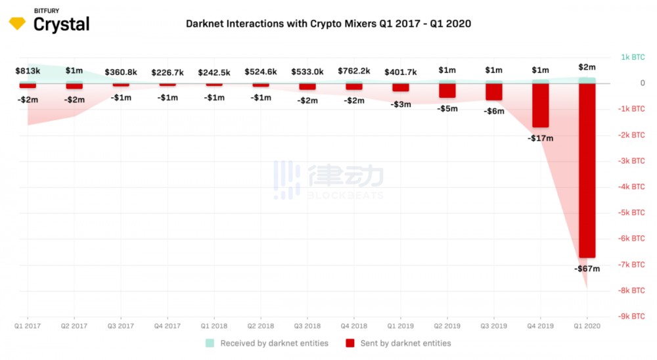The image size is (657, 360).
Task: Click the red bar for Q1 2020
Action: coord(587,171)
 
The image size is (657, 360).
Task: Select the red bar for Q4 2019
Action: coord(540,105)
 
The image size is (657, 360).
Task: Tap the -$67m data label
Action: coord(587,269)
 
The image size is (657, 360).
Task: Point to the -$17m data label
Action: coord(540,139)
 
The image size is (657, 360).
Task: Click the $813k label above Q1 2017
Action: coord(28,70)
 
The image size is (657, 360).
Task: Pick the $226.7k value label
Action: coord(167,72)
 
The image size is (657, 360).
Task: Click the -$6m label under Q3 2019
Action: coord(493,111)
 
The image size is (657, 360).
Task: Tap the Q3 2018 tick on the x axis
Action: coord(307,325)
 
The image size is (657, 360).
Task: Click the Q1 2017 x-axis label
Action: coord(28,325)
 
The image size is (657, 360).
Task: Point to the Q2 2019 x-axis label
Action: coord(447,325)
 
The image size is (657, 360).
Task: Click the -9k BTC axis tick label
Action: coord(633,316)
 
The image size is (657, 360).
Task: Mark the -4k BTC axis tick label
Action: coord(633,187)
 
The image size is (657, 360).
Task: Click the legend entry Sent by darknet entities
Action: coord(398,343)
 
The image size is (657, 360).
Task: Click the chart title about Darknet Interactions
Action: coord(328,24)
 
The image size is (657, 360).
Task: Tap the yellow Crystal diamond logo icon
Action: coord(17,24)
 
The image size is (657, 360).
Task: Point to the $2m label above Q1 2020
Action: coord(587,67)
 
